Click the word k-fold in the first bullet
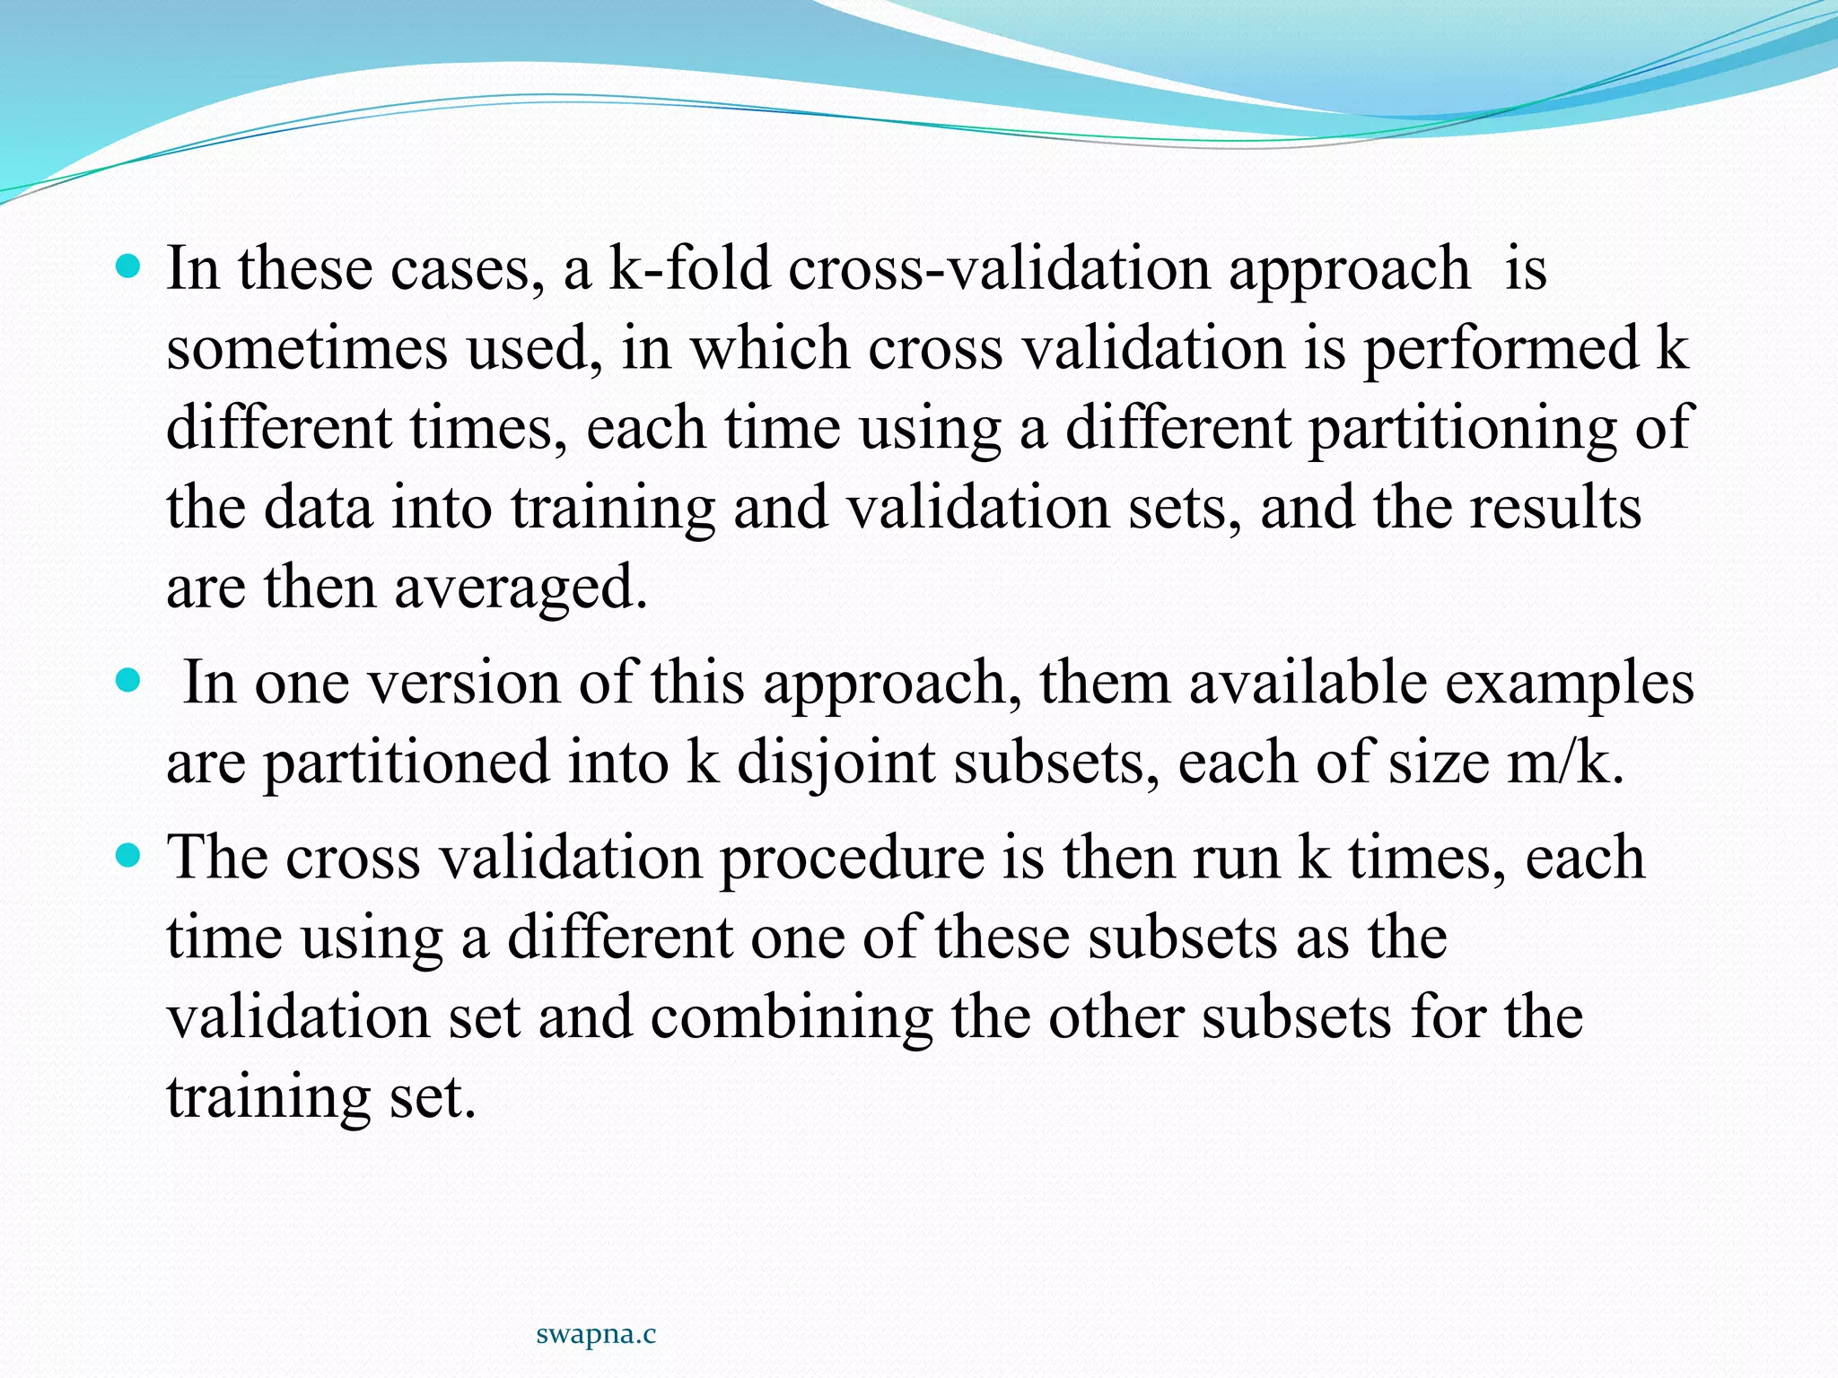point(689,269)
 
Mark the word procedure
point(851,858)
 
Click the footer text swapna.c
point(596,1334)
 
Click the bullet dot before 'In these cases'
point(130,268)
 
